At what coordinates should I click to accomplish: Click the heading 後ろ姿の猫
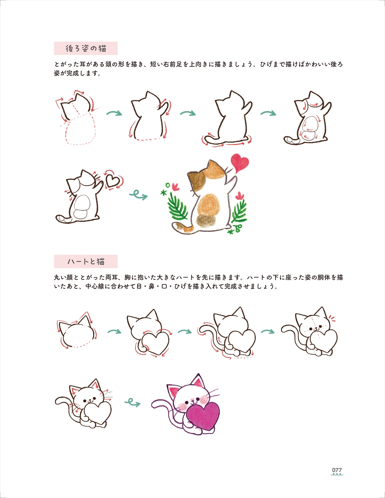[x=86, y=48]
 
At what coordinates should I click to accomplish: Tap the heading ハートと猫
[x=86, y=262]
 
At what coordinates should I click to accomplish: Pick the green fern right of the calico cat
[x=240, y=211]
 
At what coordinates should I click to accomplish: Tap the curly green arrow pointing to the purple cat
[x=132, y=402]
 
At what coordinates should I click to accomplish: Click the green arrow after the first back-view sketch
[x=114, y=113]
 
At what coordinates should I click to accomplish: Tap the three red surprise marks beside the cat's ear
[x=332, y=318]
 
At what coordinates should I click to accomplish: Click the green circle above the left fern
[x=168, y=185]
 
